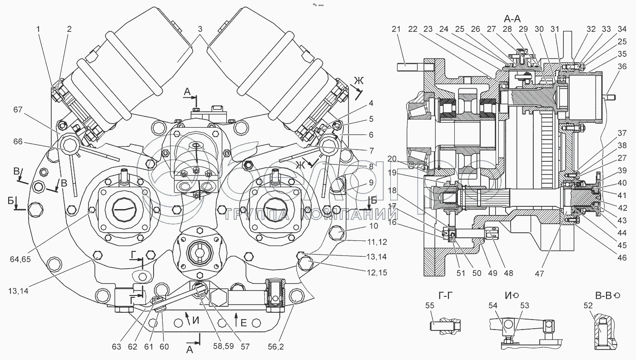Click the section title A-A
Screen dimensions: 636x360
(x=512, y=19)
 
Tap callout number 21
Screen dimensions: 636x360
(x=396, y=29)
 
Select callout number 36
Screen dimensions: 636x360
(x=622, y=66)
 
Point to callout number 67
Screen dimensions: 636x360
(x=18, y=110)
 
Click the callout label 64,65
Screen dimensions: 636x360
(x=20, y=259)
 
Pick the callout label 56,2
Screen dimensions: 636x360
(x=276, y=346)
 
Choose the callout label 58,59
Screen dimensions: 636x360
(x=224, y=346)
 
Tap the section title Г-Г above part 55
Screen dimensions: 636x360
(x=445, y=296)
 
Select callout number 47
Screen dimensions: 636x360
(x=539, y=273)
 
